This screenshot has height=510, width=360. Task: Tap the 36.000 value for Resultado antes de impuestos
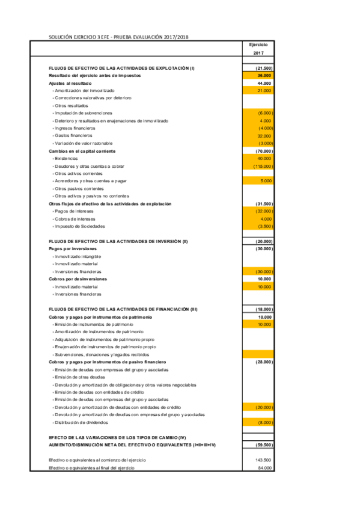[x=264, y=76]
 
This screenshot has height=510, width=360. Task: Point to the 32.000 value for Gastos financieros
[x=264, y=136]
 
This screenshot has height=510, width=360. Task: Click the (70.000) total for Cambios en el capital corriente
[x=264, y=151]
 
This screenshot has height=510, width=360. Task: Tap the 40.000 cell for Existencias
[x=264, y=158]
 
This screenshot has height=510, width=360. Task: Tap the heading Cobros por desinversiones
[x=78, y=279]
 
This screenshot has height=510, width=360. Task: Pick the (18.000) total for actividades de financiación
[x=264, y=309]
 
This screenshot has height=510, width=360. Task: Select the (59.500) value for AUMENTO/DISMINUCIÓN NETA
[x=264, y=444]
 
